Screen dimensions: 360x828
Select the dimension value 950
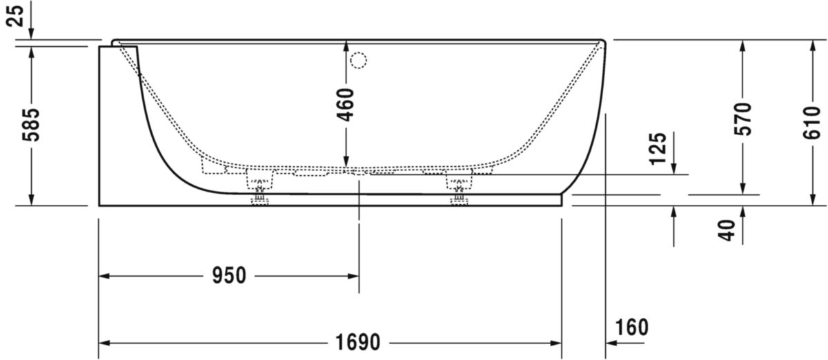tap(229, 276)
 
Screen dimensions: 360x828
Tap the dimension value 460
tap(346, 103)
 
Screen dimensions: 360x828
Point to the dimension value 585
tap(32, 124)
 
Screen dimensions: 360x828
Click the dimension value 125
tap(658, 148)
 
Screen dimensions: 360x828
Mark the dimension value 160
tap(631, 327)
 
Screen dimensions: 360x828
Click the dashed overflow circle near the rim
tap(358, 61)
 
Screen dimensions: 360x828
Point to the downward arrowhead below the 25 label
tap(32, 34)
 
